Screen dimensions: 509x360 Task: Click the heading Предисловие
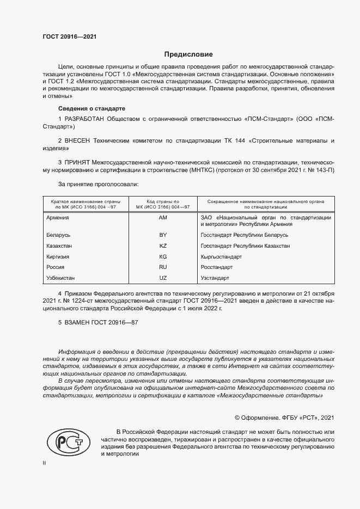point(188,54)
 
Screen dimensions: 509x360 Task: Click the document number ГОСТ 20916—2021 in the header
point(70,37)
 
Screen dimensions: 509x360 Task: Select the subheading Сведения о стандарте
point(91,108)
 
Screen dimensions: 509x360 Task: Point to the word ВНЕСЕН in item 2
point(78,140)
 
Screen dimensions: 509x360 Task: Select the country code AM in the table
point(162,218)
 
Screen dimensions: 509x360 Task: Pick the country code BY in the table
point(162,235)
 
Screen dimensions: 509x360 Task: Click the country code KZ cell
point(162,246)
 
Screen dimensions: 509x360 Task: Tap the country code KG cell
point(162,256)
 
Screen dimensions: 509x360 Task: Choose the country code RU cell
point(162,267)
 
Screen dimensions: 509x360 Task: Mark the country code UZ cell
point(162,278)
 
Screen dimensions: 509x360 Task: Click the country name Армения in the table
point(58,218)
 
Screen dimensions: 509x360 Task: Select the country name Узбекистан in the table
point(63,278)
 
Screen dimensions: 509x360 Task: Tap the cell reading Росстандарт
point(217,267)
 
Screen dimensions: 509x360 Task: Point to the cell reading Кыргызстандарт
point(221,256)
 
